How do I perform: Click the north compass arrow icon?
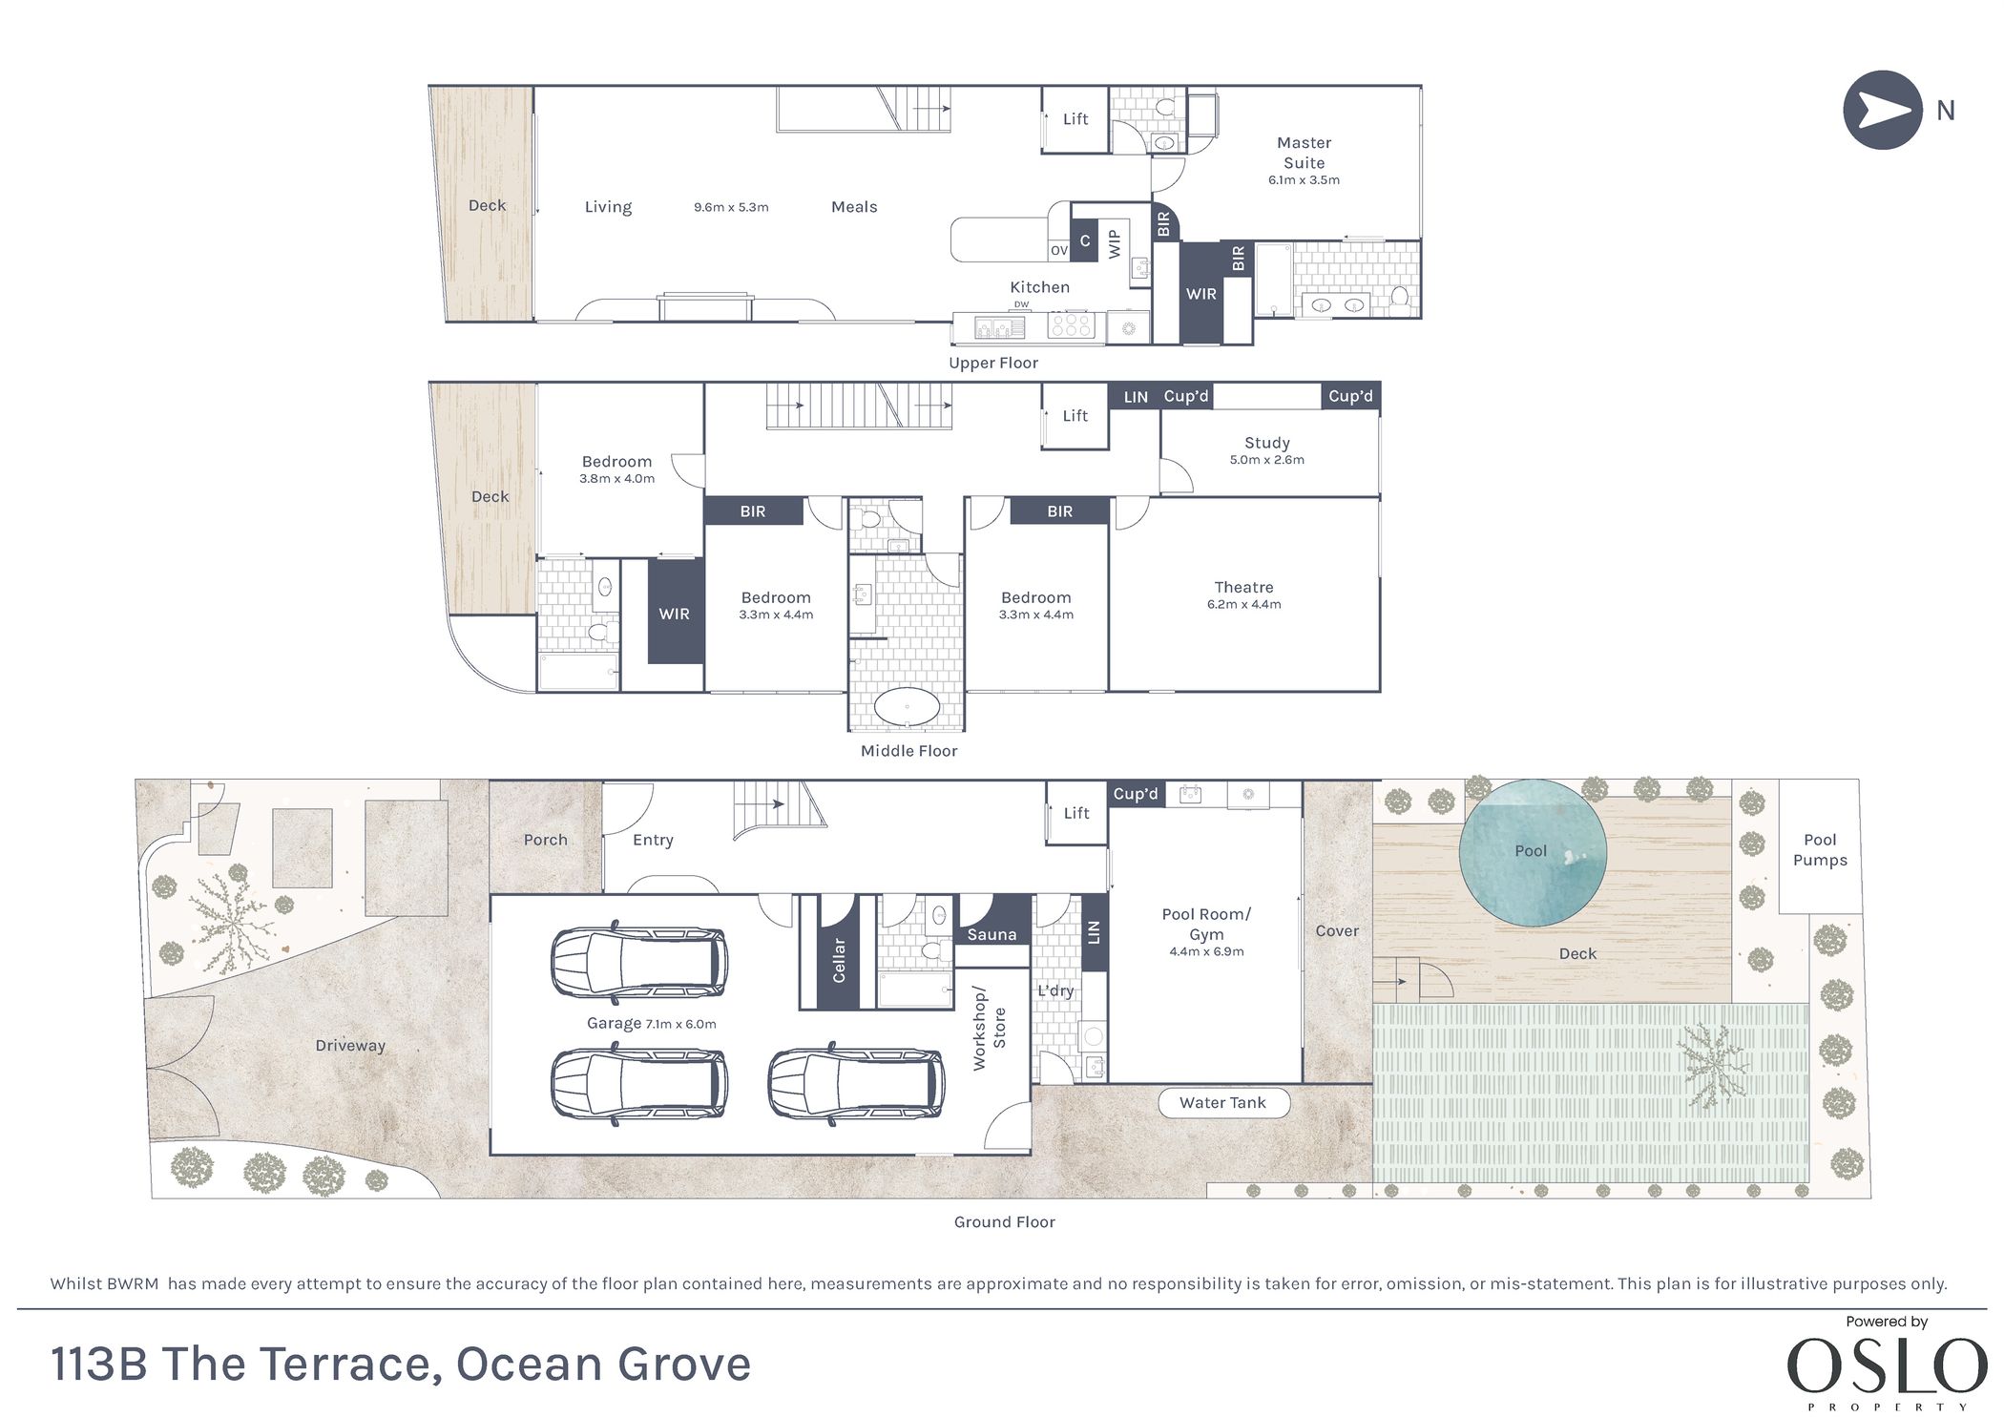(1882, 110)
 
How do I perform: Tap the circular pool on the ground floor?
(1533, 852)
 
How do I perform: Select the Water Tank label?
(1222, 1103)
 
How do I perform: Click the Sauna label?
(992, 935)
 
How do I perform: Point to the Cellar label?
(839, 960)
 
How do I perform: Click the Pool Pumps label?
(1820, 850)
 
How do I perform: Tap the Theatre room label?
(1243, 588)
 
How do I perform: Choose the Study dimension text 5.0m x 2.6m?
(1267, 460)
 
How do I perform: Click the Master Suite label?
(1304, 153)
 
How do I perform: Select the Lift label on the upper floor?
(1075, 119)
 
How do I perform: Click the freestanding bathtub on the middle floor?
(907, 709)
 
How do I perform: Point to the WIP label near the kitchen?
(1114, 243)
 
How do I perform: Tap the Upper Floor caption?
(993, 364)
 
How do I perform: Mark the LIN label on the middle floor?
(1136, 397)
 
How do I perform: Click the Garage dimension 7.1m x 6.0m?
(681, 1025)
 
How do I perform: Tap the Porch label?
(545, 841)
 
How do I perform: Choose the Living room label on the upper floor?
(608, 207)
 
